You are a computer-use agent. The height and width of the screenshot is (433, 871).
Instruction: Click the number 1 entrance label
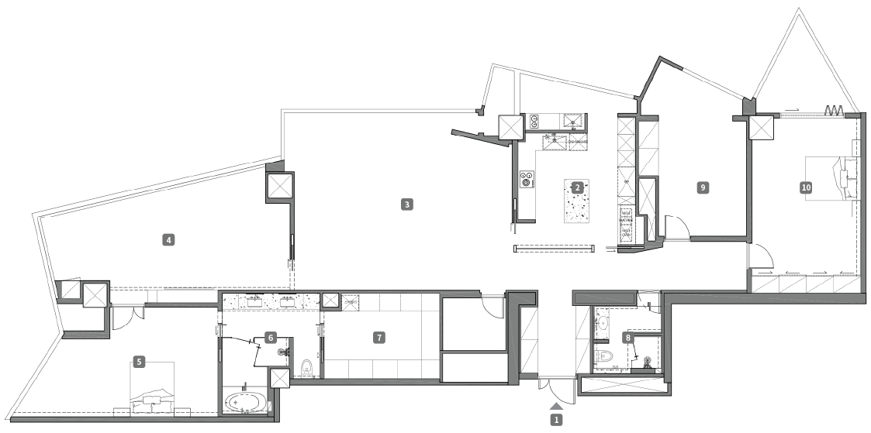point(555,421)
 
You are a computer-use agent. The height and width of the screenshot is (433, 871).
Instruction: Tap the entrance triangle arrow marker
point(556,407)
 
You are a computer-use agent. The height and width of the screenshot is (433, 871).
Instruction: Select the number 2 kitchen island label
point(577,187)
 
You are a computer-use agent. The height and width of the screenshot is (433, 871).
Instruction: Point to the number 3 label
point(406,204)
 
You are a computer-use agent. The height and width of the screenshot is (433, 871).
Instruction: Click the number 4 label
point(168,239)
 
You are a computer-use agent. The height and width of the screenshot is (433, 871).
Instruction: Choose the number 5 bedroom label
point(139,362)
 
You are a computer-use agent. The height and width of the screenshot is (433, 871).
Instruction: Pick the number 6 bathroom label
point(270,337)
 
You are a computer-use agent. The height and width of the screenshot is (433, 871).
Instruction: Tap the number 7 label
point(378,337)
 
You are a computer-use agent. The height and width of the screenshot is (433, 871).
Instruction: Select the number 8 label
point(628,336)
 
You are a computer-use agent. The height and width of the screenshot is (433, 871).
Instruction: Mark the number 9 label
point(702,187)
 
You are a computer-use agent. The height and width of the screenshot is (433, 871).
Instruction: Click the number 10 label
point(806,187)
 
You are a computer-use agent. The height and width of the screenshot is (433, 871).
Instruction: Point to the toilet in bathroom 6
point(306,368)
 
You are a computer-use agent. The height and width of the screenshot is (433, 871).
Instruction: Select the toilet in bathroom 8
point(603,356)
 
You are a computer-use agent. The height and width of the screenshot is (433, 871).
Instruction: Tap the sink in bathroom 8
point(603,321)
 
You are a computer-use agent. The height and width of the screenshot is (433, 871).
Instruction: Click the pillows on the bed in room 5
point(153,404)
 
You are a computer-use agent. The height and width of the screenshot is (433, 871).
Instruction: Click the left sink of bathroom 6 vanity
point(255,302)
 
